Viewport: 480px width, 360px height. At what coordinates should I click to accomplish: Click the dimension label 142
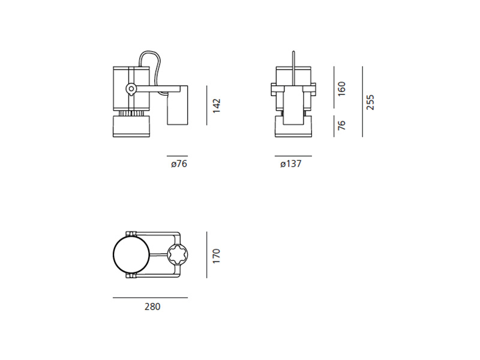[x=217, y=106]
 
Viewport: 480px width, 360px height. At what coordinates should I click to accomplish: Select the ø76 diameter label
[x=179, y=164]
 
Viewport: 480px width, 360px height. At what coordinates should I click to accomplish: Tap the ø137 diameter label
[x=291, y=164]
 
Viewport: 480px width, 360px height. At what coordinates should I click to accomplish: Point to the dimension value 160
[x=341, y=89]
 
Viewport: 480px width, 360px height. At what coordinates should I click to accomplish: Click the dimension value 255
[x=370, y=103]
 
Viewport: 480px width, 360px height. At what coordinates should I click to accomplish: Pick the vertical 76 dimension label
[x=341, y=125]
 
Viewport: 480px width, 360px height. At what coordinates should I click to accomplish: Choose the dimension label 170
[x=217, y=256]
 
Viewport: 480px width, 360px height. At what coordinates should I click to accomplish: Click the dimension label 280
[x=152, y=307]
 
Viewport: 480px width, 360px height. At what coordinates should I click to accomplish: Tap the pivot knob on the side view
[x=131, y=89]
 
